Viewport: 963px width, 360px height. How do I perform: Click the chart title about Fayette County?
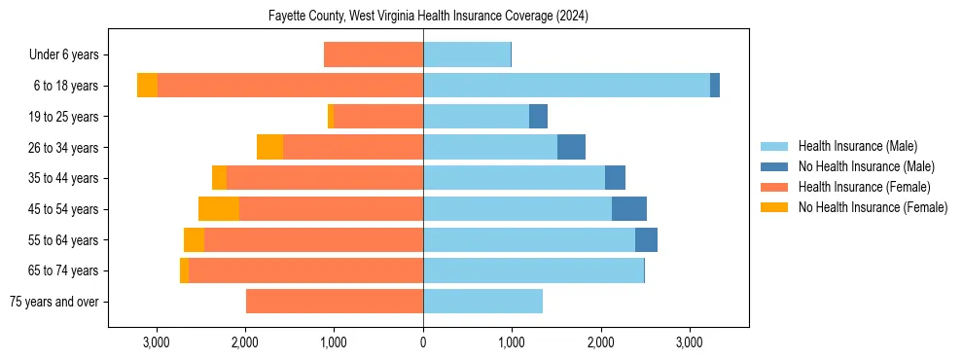428,17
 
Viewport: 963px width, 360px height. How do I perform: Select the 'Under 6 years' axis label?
69,55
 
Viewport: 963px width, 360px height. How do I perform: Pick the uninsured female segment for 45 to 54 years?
219,209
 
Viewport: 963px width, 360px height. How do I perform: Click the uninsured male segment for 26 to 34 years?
571,147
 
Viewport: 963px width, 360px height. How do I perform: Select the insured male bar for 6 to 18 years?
566,86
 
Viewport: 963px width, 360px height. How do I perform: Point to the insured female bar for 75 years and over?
335,302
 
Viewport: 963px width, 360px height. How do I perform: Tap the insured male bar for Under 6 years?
467,55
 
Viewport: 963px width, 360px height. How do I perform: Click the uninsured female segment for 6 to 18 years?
147,86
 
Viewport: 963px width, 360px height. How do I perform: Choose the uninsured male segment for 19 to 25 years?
538,117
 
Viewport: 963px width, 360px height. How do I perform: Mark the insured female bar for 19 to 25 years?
378,117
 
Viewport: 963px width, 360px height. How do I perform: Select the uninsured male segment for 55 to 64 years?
646,239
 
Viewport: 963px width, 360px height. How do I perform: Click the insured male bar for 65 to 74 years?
533,270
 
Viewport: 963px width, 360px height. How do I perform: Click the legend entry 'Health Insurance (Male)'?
857,146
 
